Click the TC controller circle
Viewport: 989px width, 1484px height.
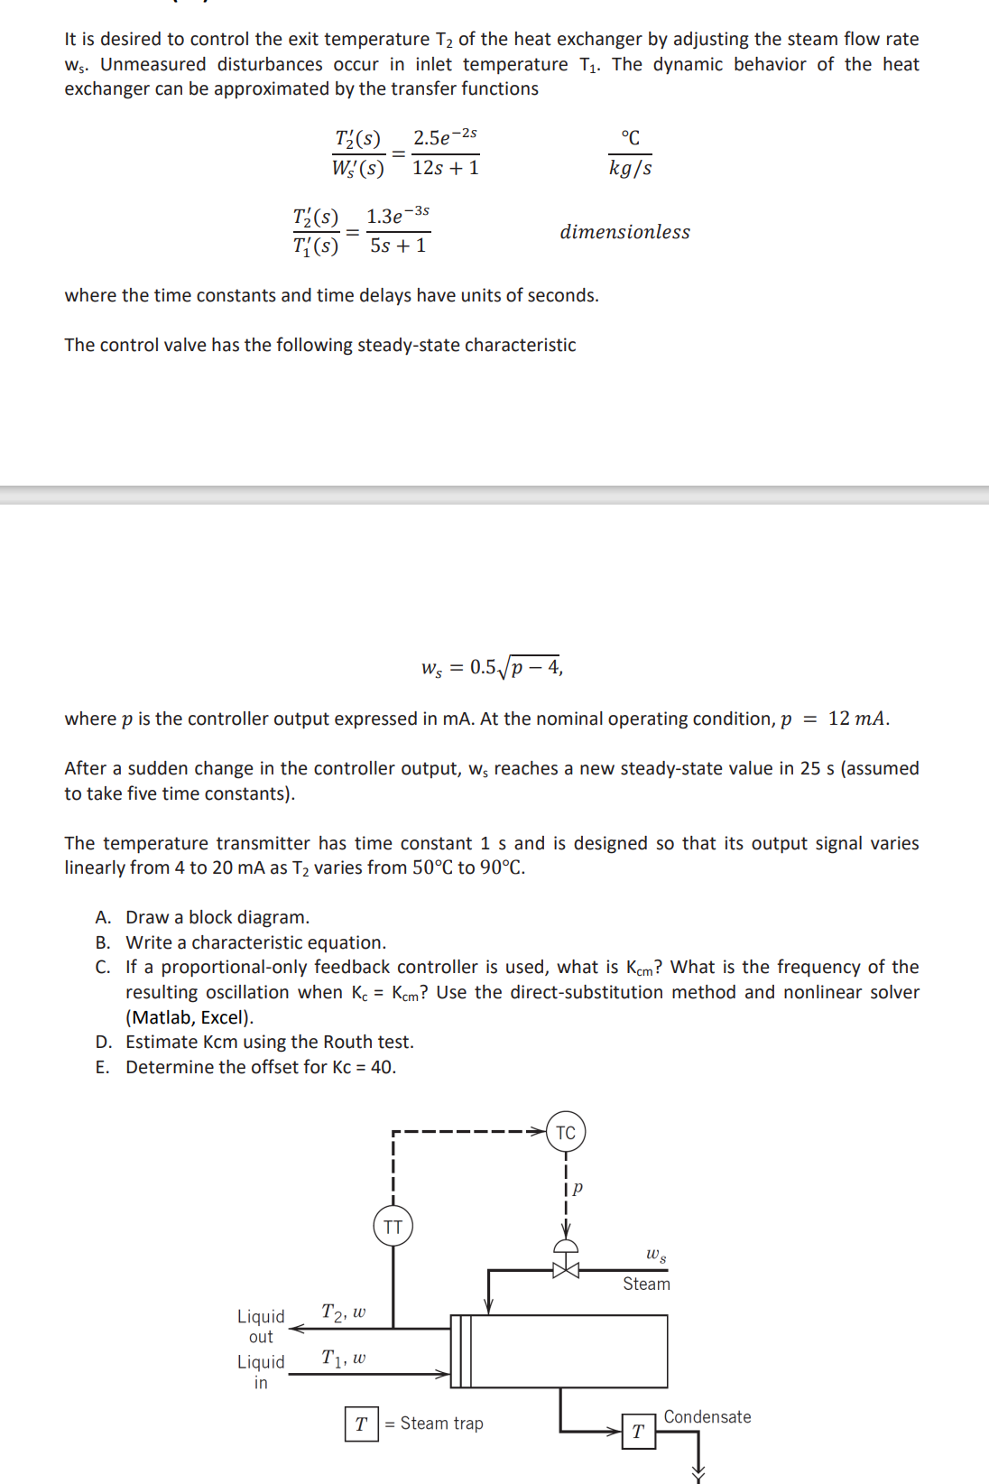[566, 1132]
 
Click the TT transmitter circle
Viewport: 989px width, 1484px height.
[393, 1227]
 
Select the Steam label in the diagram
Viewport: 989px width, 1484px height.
[646, 1284]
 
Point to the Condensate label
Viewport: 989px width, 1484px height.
[707, 1416]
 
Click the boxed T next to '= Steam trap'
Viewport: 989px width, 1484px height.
[361, 1424]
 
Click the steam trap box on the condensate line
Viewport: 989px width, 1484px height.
[638, 1432]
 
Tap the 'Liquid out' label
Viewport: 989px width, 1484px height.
[261, 1326]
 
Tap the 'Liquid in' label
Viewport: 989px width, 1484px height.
[261, 1371]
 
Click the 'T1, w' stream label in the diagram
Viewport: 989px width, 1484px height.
[344, 1358]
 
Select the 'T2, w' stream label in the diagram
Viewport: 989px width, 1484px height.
[344, 1312]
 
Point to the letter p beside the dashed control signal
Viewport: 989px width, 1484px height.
[578, 1187]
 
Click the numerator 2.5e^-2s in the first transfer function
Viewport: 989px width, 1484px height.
[445, 137]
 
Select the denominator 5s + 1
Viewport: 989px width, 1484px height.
[398, 246]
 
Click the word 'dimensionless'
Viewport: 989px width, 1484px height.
[624, 232]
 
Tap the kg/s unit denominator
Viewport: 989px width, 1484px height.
[630, 168]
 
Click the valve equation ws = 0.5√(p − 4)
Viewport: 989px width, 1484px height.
[492, 667]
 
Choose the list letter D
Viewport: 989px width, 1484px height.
[103, 1042]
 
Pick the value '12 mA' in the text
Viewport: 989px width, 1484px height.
[857, 719]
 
